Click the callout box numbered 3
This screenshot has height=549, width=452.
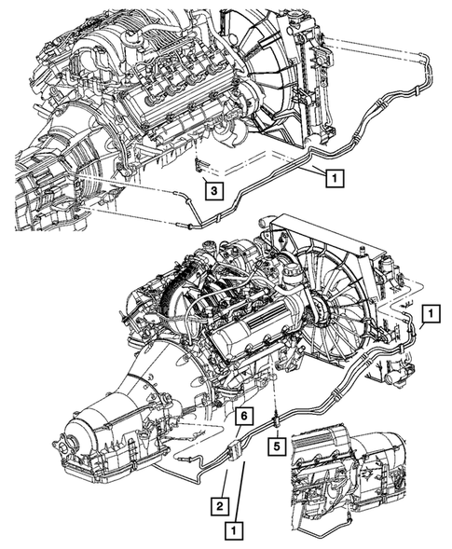tap(214, 190)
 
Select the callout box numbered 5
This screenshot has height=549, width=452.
tap(277, 447)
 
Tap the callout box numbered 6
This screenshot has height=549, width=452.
tap(243, 417)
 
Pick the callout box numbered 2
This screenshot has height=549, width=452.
tap(220, 505)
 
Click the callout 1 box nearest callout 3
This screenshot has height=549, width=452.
tap(336, 179)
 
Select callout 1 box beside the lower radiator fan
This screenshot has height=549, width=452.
tap(431, 313)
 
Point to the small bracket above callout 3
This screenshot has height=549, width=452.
tap(199, 165)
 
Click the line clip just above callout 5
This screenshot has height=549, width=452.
tap(277, 421)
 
